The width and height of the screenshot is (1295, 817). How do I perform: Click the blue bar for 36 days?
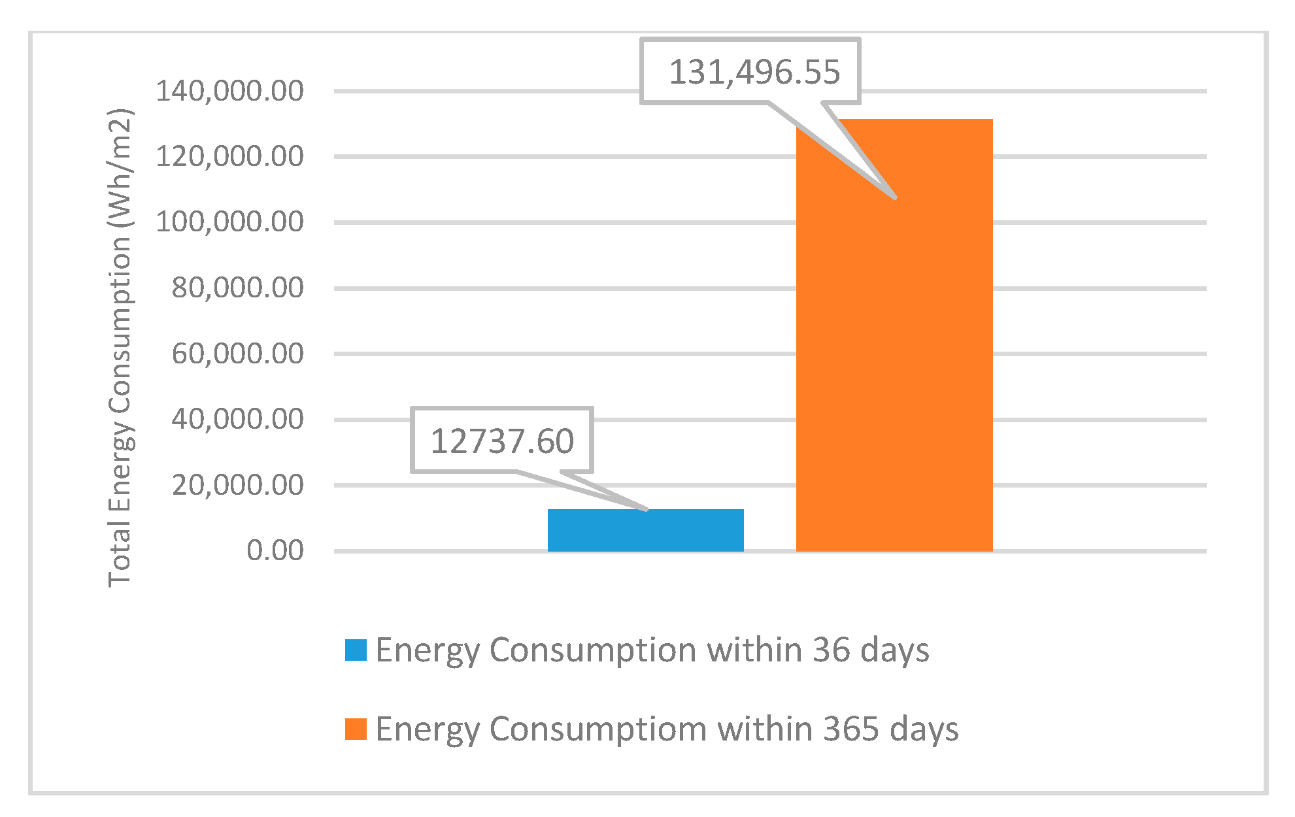click(x=645, y=530)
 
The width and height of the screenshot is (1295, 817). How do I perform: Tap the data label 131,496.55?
click(x=754, y=72)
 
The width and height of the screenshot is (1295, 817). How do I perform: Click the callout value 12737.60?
click(x=502, y=441)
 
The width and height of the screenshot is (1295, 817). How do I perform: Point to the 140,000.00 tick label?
click(x=229, y=91)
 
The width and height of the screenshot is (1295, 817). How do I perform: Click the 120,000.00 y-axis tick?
click(x=229, y=156)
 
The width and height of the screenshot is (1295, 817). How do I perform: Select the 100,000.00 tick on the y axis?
click(x=229, y=222)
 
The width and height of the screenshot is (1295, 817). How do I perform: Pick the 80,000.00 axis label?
click(x=237, y=288)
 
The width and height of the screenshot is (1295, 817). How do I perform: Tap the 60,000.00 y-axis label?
click(x=237, y=354)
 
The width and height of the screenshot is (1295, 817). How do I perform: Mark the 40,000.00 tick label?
click(x=237, y=419)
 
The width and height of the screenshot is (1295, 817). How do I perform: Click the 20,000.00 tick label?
click(x=237, y=485)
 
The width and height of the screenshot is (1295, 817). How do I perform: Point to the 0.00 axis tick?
click(x=275, y=550)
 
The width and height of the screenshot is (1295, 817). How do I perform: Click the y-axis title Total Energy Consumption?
click(x=121, y=346)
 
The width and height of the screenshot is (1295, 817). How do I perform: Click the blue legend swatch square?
click(x=356, y=650)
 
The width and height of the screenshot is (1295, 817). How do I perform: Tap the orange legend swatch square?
click(x=356, y=729)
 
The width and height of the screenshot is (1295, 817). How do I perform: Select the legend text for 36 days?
click(x=652, y=650)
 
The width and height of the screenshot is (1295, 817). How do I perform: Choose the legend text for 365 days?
click(x=667, y=729)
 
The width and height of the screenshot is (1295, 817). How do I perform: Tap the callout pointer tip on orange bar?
click(x=894, y=196)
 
